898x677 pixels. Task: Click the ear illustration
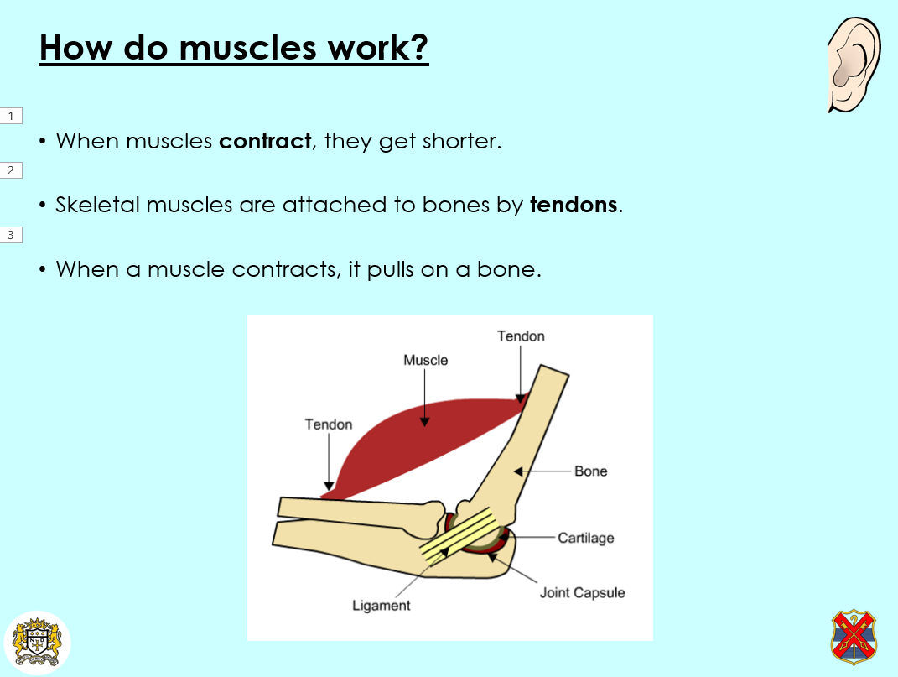[x=854, y=65]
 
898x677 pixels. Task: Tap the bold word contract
[x=265, y=141]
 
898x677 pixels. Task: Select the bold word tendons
[x=574, y=205]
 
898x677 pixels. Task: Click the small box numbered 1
[x=11, y=116]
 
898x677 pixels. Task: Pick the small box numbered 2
[x=11, y=170]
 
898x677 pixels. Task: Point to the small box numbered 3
[x=11, y=235]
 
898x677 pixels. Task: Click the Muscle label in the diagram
[x=425, y=360]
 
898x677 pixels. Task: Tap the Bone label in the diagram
[x=590, y=471]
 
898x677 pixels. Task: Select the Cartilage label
[x=586, y=538]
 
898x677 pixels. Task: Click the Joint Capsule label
[x=582, y=593]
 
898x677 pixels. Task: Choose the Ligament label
[x=382, y=606]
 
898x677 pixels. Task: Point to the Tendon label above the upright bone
[x=521, y=336]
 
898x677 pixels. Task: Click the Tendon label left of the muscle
[x=328, y=424]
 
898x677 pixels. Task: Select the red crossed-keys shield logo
[x=854, y=637]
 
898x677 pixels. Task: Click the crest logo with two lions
[x=37, y=642]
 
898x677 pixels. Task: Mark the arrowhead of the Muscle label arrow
[x=424, y=423]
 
